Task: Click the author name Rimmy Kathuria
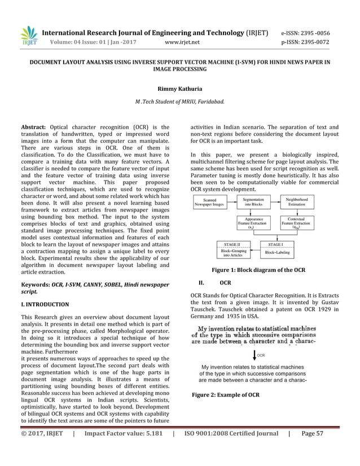click(179, 89)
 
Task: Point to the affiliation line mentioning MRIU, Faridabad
click(179, 102)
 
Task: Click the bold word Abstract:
click(33, 128)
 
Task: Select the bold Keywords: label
click(35, 285)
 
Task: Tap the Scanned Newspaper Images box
click(209, 203)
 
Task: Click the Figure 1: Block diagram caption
click(258, 270)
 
